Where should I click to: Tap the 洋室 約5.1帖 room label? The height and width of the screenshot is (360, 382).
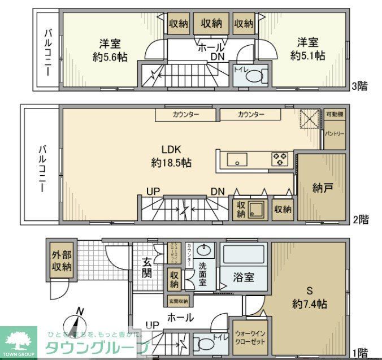click(307, 49)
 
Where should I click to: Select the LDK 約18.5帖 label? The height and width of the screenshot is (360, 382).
click(171, 157)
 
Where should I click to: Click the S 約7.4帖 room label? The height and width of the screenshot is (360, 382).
click(309, 298)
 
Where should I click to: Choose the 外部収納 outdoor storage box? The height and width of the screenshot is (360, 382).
click(59, 261)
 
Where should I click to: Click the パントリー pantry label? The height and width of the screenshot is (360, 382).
click(334, 133)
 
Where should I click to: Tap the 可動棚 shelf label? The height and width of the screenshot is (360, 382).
click(334, 114)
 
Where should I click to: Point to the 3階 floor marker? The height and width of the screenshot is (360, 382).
click(359, 86)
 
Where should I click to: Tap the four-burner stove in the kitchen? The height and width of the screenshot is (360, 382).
click(280, 159)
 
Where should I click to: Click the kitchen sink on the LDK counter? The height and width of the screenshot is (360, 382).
click(237, 159)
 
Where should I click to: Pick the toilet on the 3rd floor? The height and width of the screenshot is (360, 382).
click(254, 76)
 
